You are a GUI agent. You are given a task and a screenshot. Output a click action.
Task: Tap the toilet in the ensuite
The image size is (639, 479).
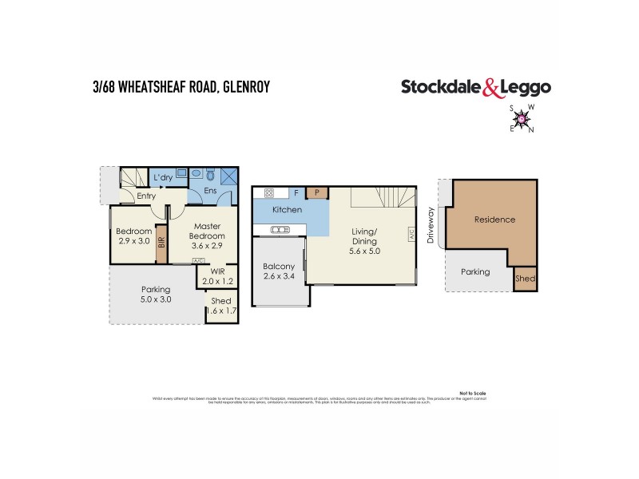(x=211, y=175)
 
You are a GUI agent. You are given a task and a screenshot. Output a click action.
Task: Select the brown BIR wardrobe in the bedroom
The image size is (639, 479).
(x=161, y=240)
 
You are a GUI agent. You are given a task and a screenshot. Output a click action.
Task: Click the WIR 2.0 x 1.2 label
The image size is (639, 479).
(x=217, y=276)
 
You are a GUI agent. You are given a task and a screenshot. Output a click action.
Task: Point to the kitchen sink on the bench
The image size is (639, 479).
(x=280, y=230)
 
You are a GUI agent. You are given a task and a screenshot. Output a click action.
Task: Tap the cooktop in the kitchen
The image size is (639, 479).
(x=269, y=192)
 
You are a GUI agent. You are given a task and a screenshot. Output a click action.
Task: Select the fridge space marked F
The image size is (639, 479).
(x=297, y=192)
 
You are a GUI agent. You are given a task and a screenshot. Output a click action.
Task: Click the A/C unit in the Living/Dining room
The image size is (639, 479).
(x=412, y=236)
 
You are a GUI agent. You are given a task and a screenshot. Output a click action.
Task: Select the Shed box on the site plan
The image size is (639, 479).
(x=525, y=279)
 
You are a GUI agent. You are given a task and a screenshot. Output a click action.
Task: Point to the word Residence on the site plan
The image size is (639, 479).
(x=494, y=220)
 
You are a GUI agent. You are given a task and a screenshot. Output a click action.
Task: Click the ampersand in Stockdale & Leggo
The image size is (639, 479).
(x=490, y=88)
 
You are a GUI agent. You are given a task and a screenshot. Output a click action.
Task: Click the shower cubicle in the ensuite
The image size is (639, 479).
(x=229, y=175)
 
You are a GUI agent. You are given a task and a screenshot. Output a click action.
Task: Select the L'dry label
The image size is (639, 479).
(x=164, y=177)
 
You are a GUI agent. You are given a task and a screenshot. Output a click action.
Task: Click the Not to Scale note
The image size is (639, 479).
(x=473, y=393)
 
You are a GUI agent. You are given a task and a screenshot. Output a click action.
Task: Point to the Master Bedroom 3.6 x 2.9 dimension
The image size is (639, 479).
(x=207, y=246)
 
